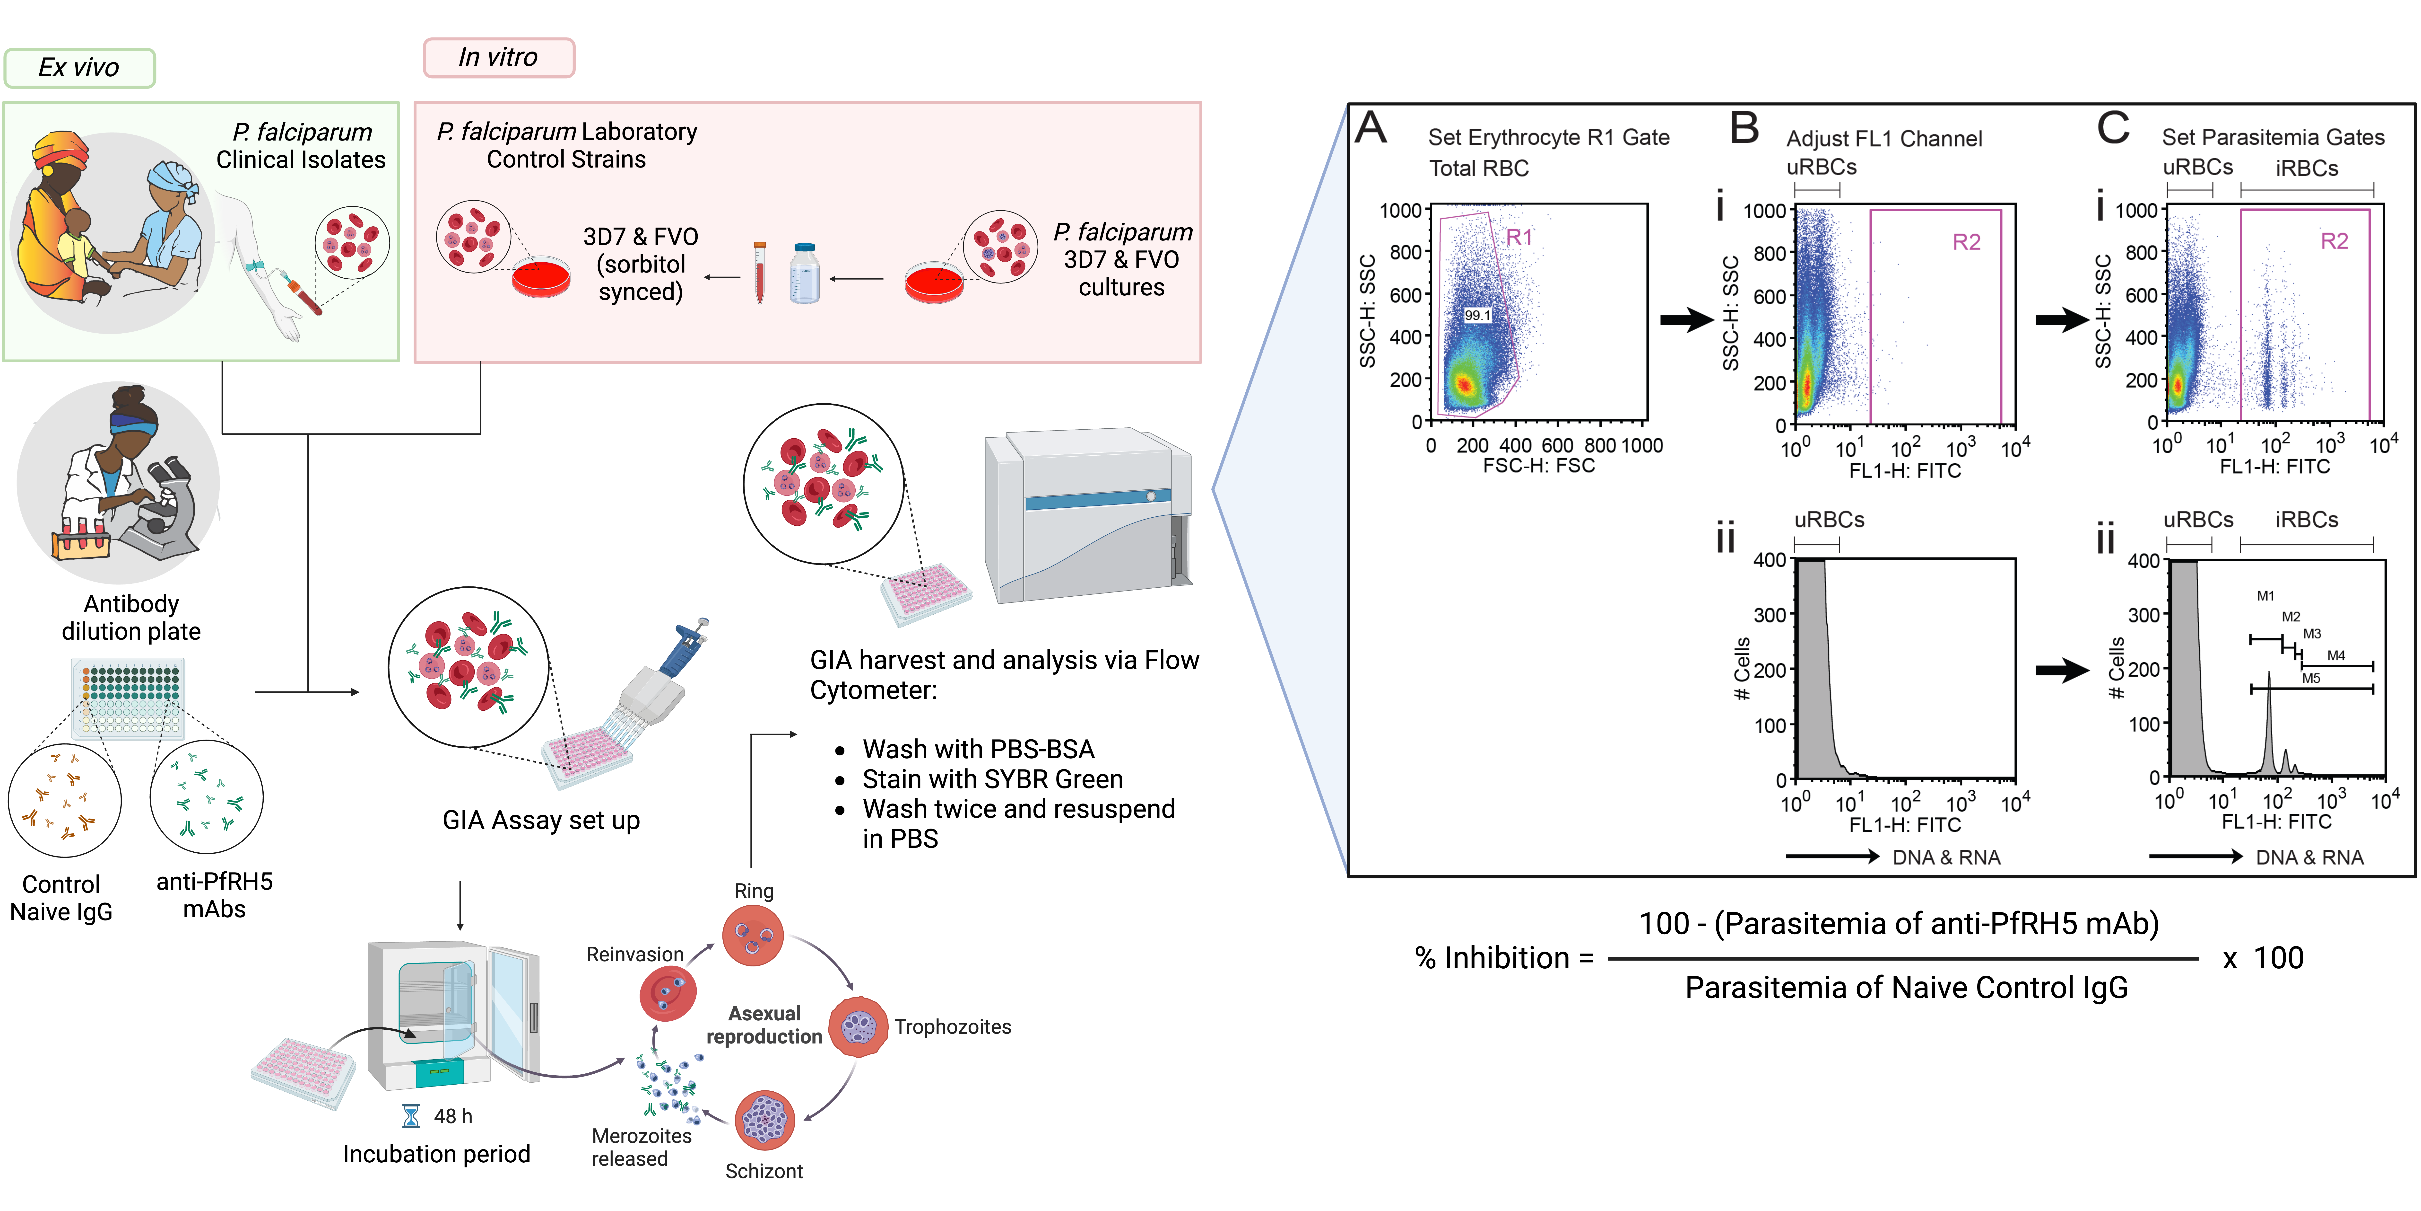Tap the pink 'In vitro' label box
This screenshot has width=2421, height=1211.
click(x=498, y=57)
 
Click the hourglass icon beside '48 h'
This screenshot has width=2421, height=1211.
click(x=411, y=1116)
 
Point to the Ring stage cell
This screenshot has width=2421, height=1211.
click(x=753, y=936)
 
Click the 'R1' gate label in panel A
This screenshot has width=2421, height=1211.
click(x=1519, y=238)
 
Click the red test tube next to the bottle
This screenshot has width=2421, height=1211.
click(x=759, y=273)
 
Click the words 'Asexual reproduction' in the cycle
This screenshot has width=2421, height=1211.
click(x=764, y=1025)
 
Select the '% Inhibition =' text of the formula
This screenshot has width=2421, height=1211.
click(x=1504, y=958)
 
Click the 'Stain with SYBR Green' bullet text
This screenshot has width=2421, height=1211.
click(x=992, y=779)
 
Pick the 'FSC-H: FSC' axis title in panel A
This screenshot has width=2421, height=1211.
click(x=1538, y=465)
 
